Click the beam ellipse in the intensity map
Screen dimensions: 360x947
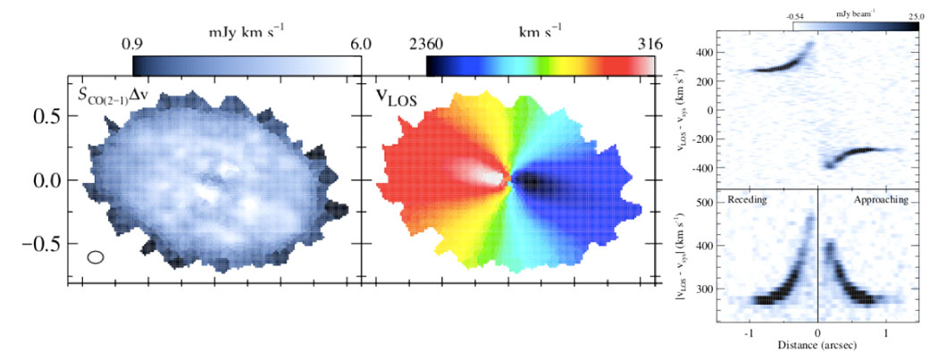point(96,257)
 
